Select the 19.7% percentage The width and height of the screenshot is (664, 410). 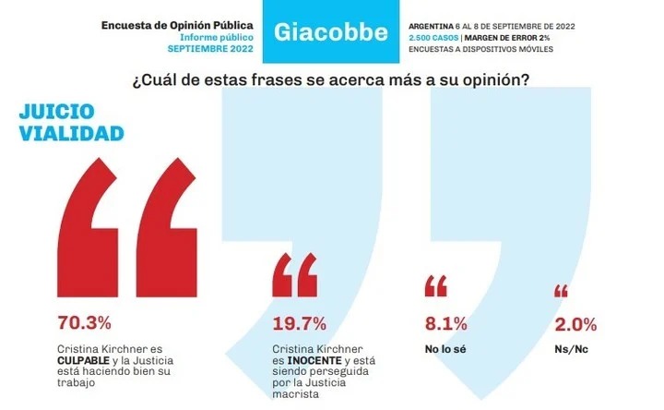tap(301, 323)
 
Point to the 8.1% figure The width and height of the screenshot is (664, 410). tap(445, 323)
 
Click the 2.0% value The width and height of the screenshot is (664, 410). tap(575, 323)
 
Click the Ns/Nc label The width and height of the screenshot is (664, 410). tap(575, 349)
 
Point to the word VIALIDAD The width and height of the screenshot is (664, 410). tap(71, 134)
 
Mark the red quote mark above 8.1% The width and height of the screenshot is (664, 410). tap(435, 286)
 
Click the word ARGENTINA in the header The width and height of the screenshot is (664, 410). tap(437, 24)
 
